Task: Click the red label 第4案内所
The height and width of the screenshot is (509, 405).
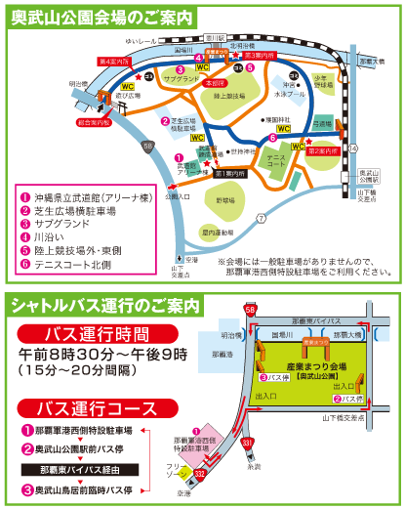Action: tap(115, 61)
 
